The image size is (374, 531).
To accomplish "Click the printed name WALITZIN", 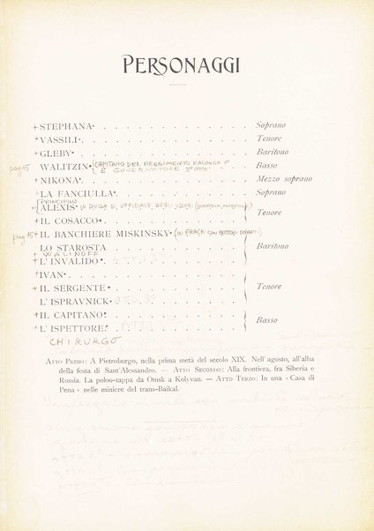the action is [64, 167].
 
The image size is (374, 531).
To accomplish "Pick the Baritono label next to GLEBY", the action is [272, 153].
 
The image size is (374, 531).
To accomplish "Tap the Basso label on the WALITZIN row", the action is [266, 166].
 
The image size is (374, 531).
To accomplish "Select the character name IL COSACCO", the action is [71, 220].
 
